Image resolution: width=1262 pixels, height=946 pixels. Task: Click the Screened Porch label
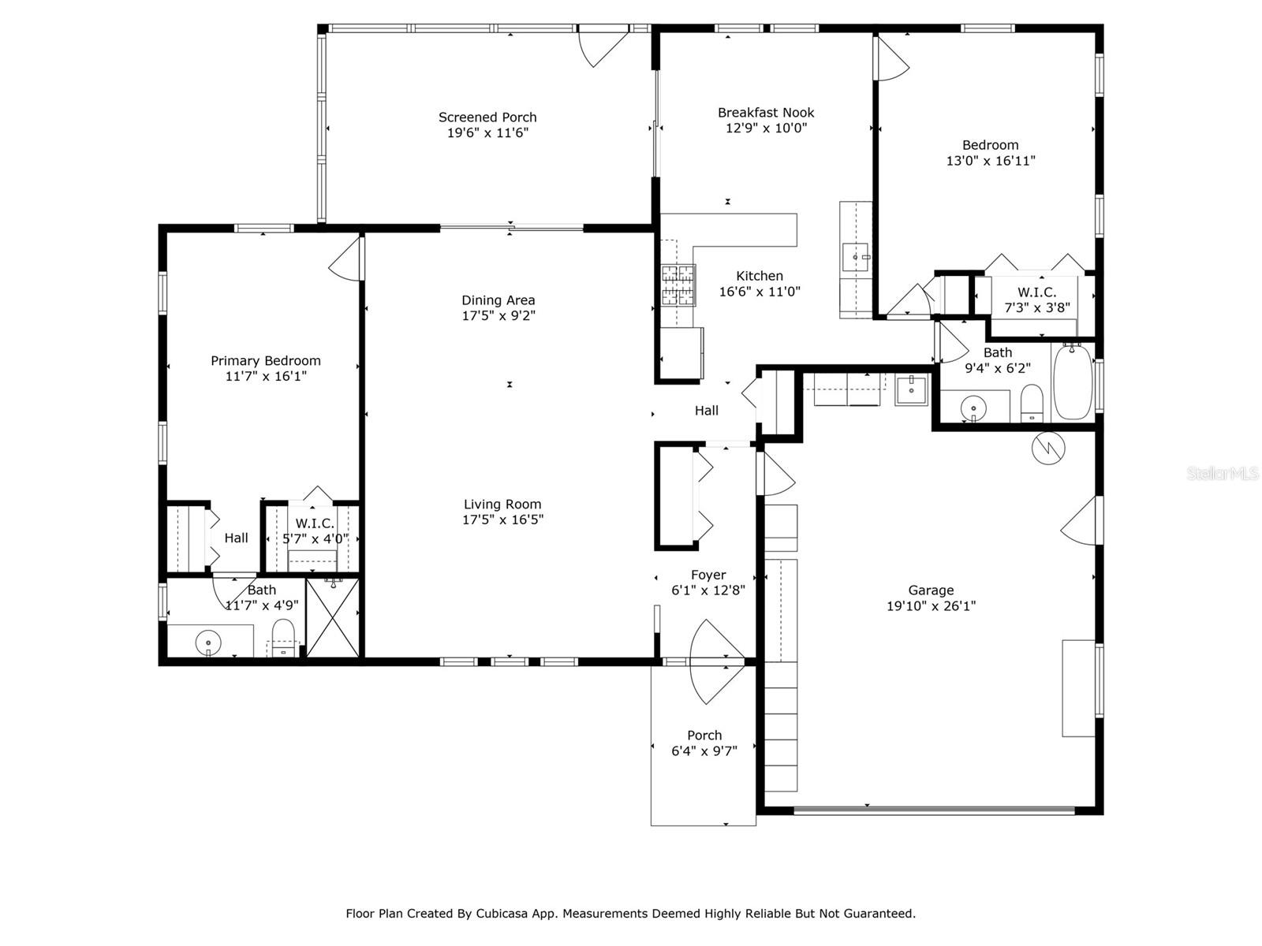tap(487, 117)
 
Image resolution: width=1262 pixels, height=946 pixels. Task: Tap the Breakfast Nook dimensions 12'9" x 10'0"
tap(766, 128)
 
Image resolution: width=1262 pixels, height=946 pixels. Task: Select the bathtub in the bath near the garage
tap(1072, 382)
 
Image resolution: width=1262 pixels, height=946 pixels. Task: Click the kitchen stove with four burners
tap(678, 285)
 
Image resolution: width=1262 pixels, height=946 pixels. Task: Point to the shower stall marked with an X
tap(333, 617)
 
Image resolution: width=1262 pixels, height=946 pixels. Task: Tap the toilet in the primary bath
tap(283, 638)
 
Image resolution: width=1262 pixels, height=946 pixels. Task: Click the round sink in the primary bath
tap(208, 642)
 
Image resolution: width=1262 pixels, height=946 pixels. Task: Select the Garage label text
tap(931, 590)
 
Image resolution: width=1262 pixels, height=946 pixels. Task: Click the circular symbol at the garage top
tap(1048, 448)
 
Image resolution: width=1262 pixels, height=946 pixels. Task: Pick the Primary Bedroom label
tap(266, 361)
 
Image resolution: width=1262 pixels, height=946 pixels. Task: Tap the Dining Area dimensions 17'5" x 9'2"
tap(498, 315)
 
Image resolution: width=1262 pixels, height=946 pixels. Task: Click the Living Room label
tap(502, 505)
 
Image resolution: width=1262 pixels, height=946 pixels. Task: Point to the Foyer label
tap(708, 575)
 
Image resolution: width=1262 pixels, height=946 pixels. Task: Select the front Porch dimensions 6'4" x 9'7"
tap(704, 750)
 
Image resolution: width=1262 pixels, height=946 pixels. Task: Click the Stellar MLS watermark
tap(1223, 473)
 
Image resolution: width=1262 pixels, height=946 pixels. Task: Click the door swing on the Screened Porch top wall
tap(603, 47)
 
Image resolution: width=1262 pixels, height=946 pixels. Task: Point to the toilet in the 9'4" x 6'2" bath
tap(1032, 403)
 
